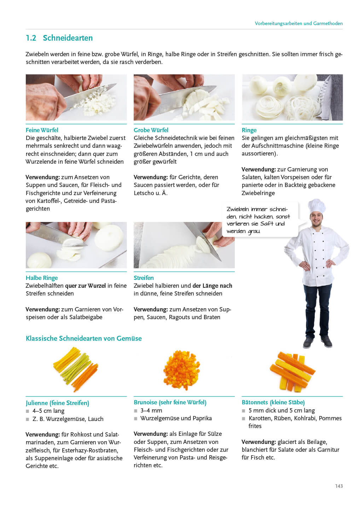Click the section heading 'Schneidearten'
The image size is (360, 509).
(68, 38)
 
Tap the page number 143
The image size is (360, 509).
(339, 486)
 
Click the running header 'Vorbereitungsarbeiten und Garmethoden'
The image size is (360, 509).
(298, 23)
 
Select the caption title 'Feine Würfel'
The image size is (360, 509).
(42, 130)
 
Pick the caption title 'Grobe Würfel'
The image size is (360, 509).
(151, 130)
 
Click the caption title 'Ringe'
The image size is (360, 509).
(249, 130)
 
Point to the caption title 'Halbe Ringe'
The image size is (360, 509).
(42, 278)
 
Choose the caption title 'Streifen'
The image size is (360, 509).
(144, 278)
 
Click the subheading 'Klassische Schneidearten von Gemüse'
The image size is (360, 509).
(84, 338)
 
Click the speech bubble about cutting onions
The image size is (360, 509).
(260, 220)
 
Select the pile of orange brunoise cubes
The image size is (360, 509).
(182, 370)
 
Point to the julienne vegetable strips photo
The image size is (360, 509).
(76, 370)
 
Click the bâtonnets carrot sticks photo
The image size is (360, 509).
(292, 371)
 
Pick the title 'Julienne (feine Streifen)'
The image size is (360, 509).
(57, 403)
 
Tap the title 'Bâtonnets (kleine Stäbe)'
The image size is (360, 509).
(273, 402)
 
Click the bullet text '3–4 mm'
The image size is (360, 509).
(151, 410)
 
